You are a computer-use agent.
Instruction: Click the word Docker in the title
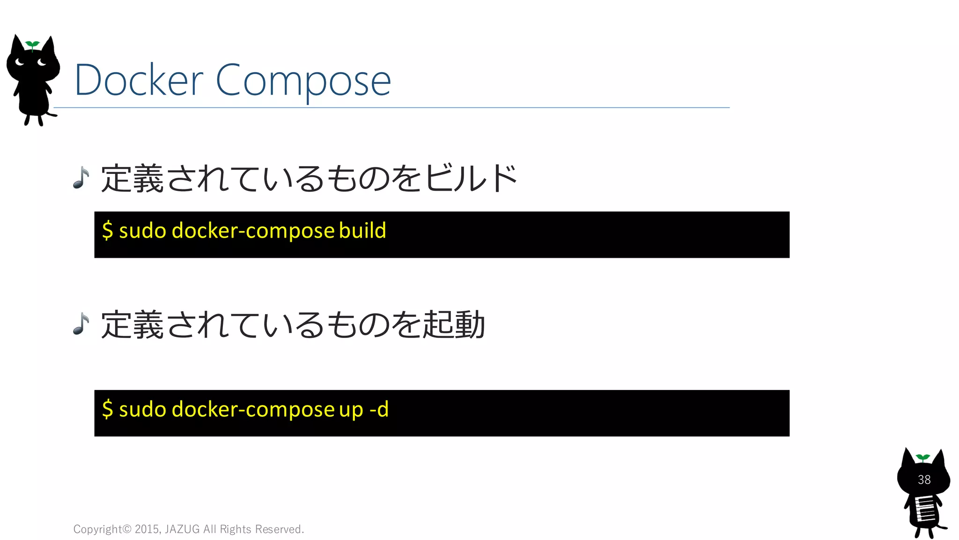(x=139, y=81)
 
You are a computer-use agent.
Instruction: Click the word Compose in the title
(x=303, y=81)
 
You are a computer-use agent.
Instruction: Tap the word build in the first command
(x=362, y=231)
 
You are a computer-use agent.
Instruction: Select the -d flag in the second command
(x=379, y=409)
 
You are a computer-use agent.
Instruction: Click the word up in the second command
(x=351, y=410)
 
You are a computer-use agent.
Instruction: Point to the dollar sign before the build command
(x=108, y=231)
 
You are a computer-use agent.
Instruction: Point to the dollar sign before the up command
(x=108, y=409)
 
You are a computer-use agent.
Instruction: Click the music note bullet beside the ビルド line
(x=81, y=178)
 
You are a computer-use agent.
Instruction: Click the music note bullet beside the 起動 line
(x=81, y=324)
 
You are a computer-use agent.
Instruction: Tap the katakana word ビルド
(x=471, y=179)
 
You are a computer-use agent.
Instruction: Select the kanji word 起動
(x=454, y=324)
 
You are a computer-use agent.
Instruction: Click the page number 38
(x=924, y=480)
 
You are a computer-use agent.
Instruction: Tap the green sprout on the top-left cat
(x=32, y=45)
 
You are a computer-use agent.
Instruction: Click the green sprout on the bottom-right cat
(x=922, y=457)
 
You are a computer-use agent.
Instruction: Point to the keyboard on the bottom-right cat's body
(x=925, y=509)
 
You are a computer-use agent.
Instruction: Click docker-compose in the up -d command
(x=253, y=409)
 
